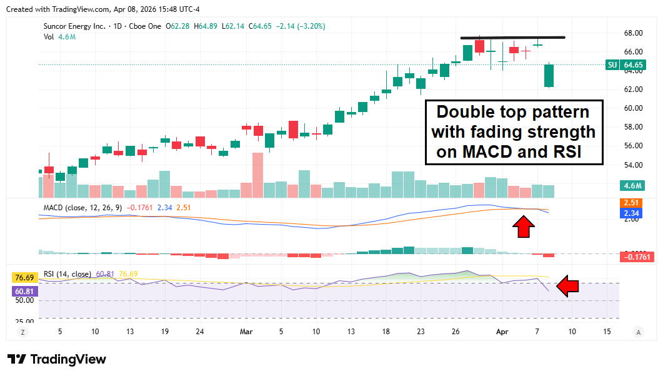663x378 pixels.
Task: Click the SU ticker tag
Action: (x=612, y=65)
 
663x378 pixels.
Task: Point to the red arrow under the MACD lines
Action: (x=523, y=227)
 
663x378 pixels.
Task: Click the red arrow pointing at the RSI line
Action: (x=568, y=287)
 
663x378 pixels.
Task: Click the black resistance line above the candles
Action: (x=512, y=38)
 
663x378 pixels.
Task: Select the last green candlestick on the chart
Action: (x=549, y=76)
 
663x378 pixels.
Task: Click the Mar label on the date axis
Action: (x=246, y=332)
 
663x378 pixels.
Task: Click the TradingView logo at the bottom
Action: (x=57, y=359)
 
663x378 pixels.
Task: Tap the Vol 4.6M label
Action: (x=59, y=37)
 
